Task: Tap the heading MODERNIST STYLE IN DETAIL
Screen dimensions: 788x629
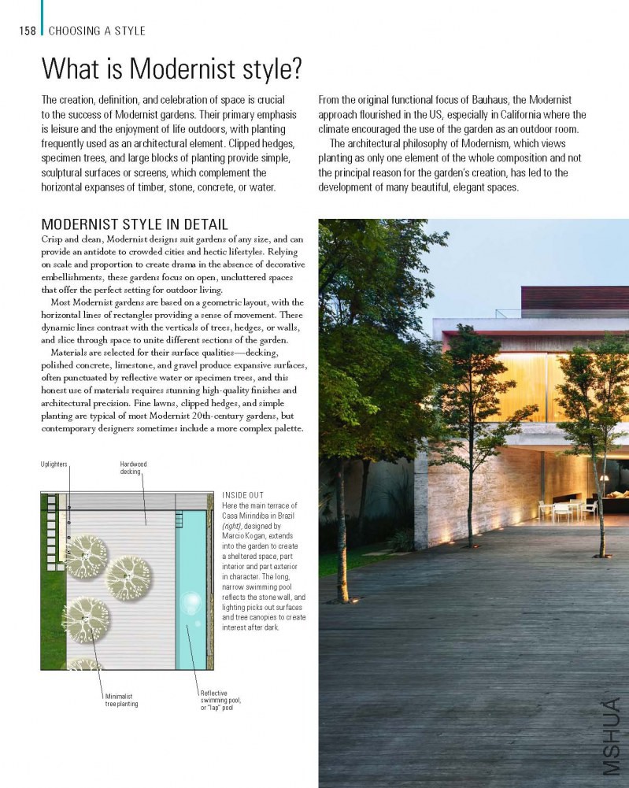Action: coord(135,224)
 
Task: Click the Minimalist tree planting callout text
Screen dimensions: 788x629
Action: coord(121,700)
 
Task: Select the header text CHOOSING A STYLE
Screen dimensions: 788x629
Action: coord(97,31)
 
